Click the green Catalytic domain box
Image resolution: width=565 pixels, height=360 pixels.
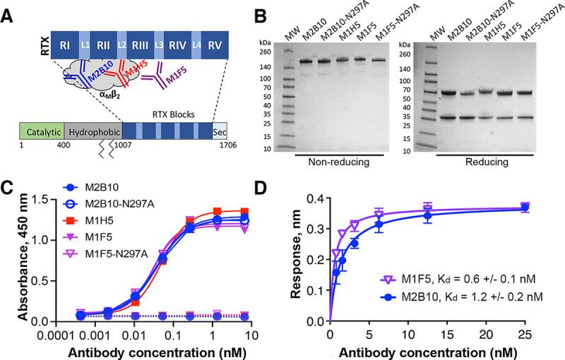(x=41, y=132)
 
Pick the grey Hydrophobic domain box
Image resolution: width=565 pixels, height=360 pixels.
(x=93, y=132)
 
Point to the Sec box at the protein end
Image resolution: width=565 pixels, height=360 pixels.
(x=220, y=132)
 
